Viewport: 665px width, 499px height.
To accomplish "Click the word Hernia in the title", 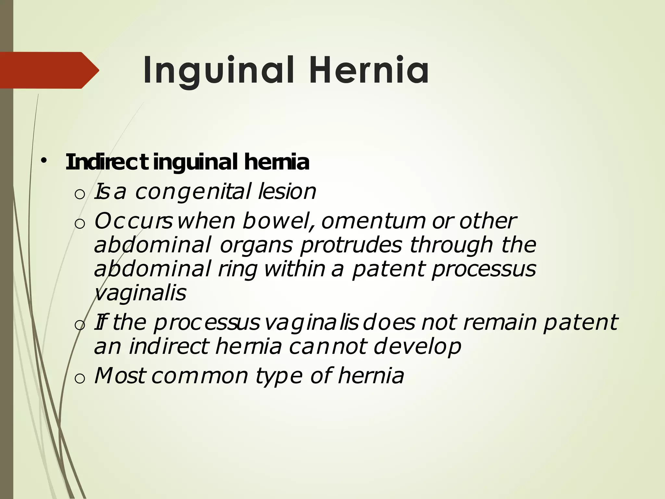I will pyautogui.click(x=369, y=70).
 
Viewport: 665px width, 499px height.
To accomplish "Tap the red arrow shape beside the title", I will pyautogui.click(x=49, y=70).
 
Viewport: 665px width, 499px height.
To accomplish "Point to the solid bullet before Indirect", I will pyautogui.click(x=44, y=160).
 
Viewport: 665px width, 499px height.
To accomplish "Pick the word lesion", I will pyautogui.click(x=287, y=192).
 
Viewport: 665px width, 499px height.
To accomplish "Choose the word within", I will pyautogui.click(x=295, y=270).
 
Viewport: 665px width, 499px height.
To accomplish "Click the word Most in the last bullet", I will pyautogui.click(x=119, y=376).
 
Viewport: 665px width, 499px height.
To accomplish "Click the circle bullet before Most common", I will pyautogui.click(x=80, y=378).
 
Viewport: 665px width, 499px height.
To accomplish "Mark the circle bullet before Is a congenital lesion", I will pyautogui.click(x=80, y=194).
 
